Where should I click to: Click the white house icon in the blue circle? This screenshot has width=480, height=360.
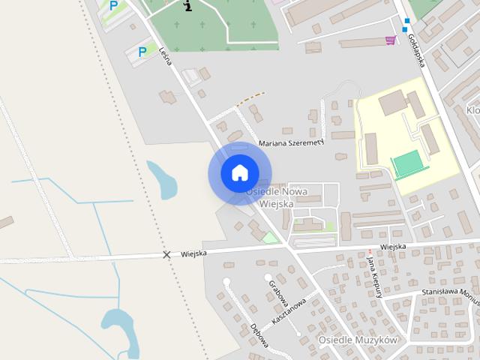(x=239, y=172)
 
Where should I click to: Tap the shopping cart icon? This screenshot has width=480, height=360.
(x=390, y=40)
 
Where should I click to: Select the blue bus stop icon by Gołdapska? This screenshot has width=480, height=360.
(x=406, y=23)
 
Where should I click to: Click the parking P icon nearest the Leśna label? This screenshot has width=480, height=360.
(x=142, y=52)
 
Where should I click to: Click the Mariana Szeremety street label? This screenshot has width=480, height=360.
(x=289, y=142)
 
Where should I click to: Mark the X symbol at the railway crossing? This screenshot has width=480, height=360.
(x=166, y=255)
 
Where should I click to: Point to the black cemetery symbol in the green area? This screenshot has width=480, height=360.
(x=188, y=6)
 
